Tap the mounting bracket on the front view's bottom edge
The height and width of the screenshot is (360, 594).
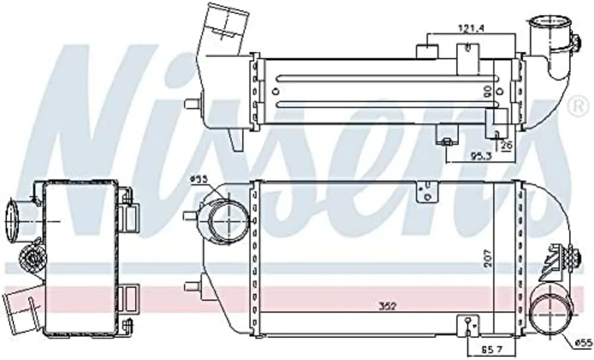(467, 325)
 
